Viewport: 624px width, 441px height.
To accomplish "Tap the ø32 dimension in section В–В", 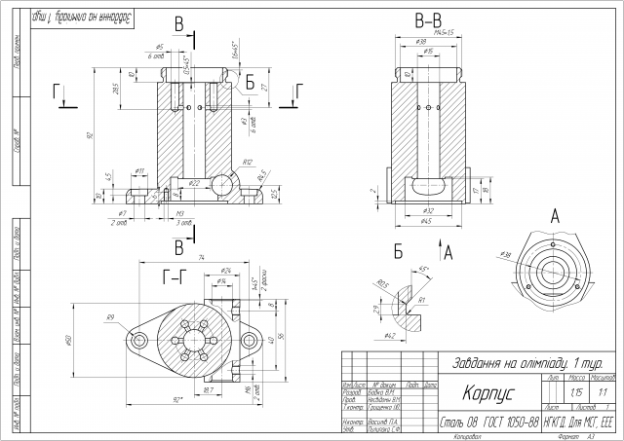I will pyautogui.click(x=426, y=210).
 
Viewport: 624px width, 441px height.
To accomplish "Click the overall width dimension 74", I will pyautogui.click(x=200, y=258).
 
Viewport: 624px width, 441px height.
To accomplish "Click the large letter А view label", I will pyautogui.click(x=554, y=214).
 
